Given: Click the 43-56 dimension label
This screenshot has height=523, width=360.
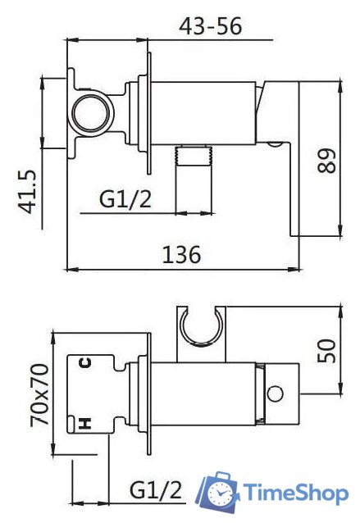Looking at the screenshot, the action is [x=210, y=26].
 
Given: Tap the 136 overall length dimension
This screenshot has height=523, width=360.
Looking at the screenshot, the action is [x=182, y=255].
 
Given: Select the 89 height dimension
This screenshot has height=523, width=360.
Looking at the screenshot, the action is [x=326, y=161].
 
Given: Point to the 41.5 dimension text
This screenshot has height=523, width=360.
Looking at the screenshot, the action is [x=26, y=192].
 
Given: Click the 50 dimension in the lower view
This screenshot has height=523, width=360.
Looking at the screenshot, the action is [x=326, y=351].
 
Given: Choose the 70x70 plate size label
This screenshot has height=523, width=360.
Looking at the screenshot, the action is [x=39, y=395].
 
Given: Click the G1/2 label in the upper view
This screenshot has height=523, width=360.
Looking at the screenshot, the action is [x=125, y=199].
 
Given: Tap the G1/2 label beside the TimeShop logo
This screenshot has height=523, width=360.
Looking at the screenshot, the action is [x=156, y=490].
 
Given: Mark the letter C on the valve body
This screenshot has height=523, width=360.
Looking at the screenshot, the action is [x=85, y=362].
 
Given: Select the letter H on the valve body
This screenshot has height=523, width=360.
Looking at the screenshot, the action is [x=85, y=424].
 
